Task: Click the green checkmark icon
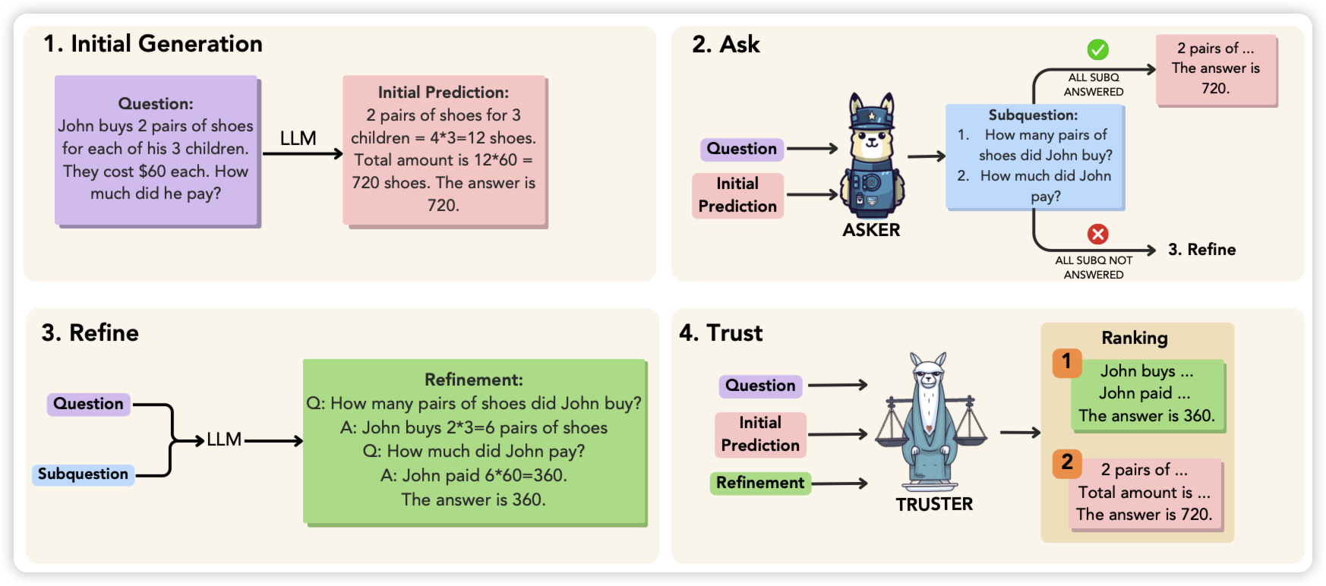(x=1097, y=50)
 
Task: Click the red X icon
(x=1097, y=234)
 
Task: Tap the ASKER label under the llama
(x=871, y=230)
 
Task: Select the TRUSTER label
(x=934, y=504)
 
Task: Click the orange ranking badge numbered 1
(x=1067, y=362)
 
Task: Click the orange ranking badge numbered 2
(x=1067, y=462)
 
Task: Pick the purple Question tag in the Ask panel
(x=742, y=149)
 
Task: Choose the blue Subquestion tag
(x=83, y=474)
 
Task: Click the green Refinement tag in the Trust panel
(x=760, y=483)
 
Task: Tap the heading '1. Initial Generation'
(x=153, y=44)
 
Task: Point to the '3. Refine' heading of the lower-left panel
(x=90, y=332)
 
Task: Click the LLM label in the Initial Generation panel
(x=298, y=138)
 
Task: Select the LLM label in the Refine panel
(x=224, y=439)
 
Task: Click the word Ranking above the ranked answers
(x=1135, y=338)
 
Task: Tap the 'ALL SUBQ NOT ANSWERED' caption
(x=1094, y=267)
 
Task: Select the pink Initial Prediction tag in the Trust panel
(x=760, y=434)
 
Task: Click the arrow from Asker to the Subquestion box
(x=926, y=156)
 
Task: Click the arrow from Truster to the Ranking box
(x=1020, y=433)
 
